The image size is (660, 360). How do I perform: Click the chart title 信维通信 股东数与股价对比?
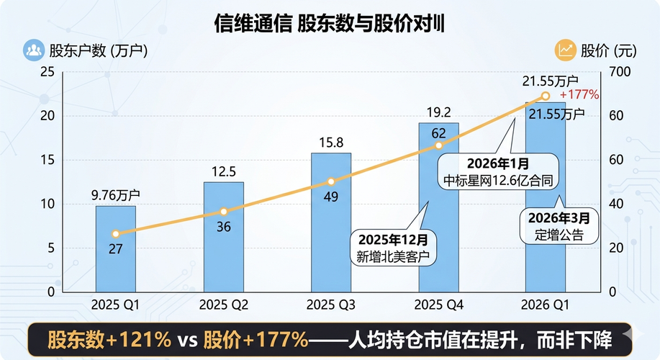point(330,24)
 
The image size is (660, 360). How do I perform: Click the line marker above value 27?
point(116,234)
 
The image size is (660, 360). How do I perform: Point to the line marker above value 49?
point(331,182)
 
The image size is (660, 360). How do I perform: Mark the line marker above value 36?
point(223,212)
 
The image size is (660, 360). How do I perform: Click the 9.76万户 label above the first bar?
point(116,194)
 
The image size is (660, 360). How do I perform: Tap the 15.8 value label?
point(331,142)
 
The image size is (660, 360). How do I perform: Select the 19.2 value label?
point(439,112)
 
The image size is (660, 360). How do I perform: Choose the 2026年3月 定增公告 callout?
point(559,225)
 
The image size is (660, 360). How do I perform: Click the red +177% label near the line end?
point(579,95)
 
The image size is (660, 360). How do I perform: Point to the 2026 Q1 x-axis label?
point(546,305)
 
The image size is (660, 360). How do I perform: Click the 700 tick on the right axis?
point(619,72)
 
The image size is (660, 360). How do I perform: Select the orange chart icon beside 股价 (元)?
point(565,50)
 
